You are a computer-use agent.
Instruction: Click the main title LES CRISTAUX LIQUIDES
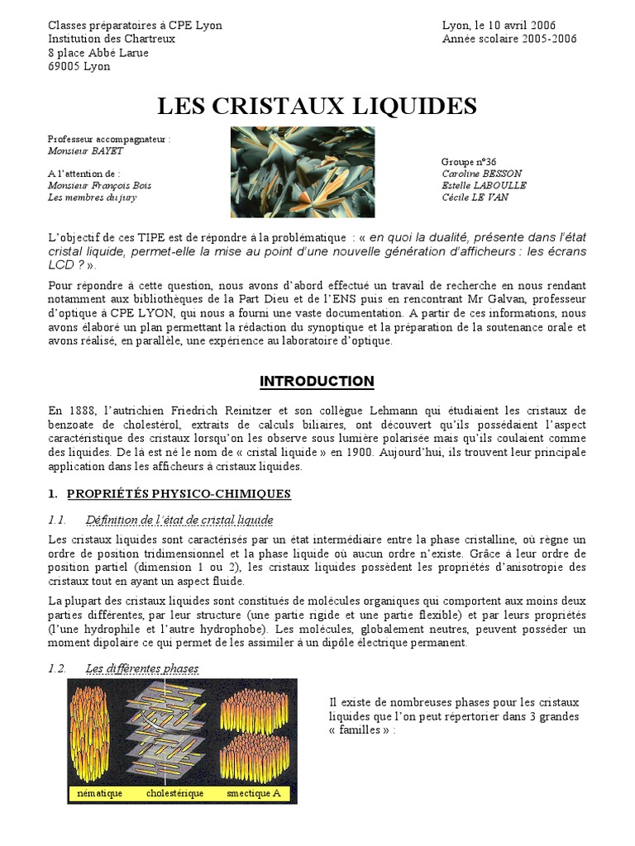(317, 106)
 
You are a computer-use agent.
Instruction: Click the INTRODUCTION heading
(317, 381)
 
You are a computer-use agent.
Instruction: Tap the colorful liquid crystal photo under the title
(302, 172)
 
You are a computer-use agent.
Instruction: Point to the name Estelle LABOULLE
(484, 185)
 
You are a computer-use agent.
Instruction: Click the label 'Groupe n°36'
(469, 162)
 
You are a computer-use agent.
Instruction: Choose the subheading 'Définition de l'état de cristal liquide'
(179, 520)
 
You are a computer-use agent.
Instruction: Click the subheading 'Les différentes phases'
(142, 668)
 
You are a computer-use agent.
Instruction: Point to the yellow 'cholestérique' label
(174, 794)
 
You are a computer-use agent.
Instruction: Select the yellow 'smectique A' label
(254, 794)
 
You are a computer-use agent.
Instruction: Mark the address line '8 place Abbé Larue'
(98, 52)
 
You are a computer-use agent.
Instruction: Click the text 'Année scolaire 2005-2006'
(509, 39)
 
